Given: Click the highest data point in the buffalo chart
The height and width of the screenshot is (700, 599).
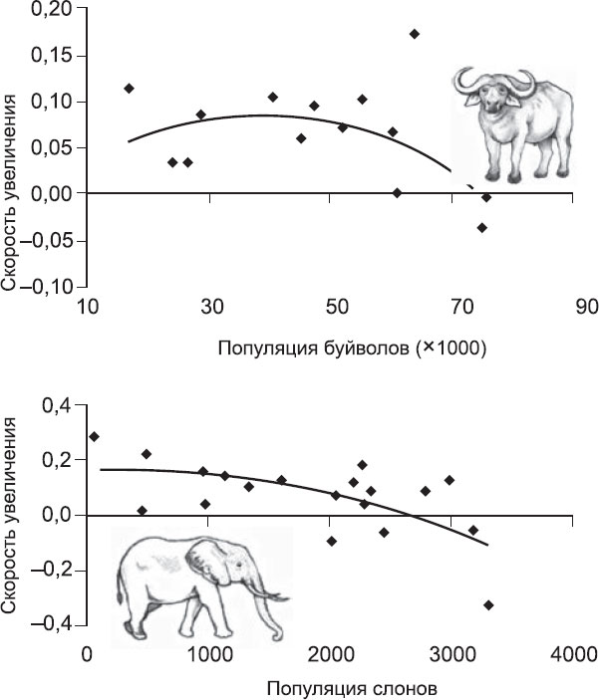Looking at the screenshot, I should tap(415, 34).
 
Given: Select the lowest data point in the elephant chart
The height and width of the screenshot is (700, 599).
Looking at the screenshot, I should tap(488, 604).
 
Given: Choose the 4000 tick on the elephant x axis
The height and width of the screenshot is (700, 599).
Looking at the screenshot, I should tap(571, 653).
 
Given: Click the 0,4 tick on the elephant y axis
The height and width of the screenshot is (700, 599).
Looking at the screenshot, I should tap(62, 405).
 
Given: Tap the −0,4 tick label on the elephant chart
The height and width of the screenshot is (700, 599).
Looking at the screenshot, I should tap(55, 624).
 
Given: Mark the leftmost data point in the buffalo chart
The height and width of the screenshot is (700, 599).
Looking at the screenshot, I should tap(129, 89).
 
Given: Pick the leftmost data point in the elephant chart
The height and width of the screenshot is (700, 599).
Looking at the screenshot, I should tap(94, 436).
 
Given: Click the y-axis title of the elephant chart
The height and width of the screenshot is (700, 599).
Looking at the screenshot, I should tap(12, 519).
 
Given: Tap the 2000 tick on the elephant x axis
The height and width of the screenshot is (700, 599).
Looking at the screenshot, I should tap(329, 653).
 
